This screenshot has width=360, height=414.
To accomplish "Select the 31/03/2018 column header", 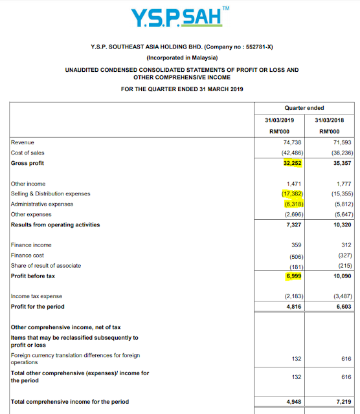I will (330, 120).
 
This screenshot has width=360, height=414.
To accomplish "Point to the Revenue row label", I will (23, 142).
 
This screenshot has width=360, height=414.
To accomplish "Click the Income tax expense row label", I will (36, 296).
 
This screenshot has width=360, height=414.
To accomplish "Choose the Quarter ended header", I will (305, 107).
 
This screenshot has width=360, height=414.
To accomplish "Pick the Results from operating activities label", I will (56, 224).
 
